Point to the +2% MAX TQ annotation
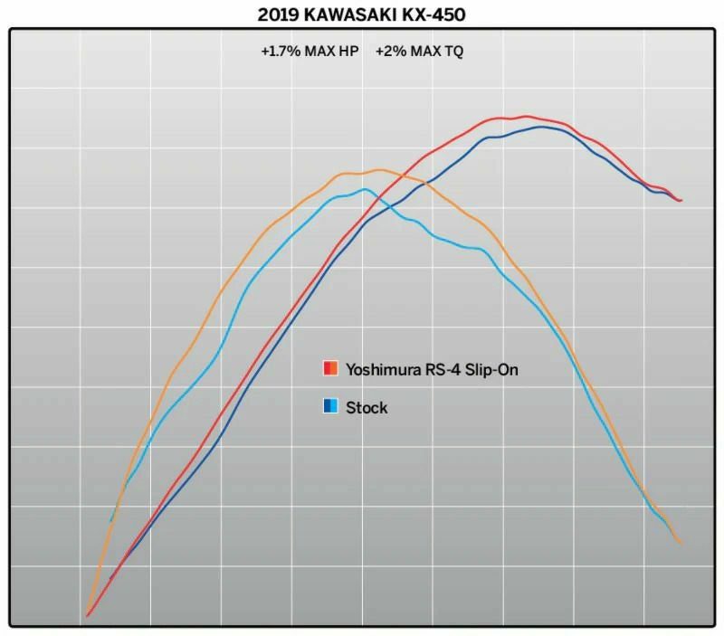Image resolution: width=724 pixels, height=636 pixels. tap(419, 52)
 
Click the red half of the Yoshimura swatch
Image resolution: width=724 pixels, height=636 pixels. tap(327, 369)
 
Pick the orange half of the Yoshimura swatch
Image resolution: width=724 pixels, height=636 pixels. tap(335, 369)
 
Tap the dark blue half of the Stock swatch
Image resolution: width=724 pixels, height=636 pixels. tap(327, 407)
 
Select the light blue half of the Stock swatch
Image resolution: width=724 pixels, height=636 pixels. tap(335, 407)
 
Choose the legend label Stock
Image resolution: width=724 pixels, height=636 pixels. tap(367, 408)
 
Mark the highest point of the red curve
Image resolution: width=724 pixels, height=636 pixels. tap(526, 116)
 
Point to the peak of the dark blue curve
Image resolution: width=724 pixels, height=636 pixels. tap(541, 126)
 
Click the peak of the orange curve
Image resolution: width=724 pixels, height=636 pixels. tap(377, 169)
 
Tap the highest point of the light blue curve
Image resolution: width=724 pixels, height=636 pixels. tap(364, 189)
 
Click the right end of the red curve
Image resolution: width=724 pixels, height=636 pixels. tap(681, 200)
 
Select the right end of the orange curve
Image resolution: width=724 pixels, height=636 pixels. tap(680, 543)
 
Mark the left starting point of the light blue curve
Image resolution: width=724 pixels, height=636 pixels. tap(111, 521)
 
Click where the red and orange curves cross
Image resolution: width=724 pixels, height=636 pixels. tap(399, 176)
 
